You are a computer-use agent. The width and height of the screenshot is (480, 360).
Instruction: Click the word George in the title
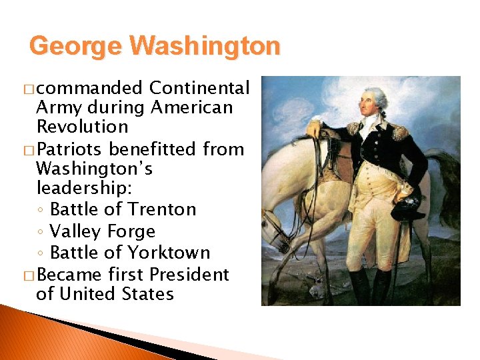click(76, 47)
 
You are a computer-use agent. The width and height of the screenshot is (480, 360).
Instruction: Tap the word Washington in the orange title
click(205, 47)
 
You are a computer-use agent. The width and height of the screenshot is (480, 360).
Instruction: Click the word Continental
click(199, 88)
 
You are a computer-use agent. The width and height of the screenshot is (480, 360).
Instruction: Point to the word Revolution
click(82, 127)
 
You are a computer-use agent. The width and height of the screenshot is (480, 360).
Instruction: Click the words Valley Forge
click(103, 231)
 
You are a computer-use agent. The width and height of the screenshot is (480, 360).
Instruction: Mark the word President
click(189, 275)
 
